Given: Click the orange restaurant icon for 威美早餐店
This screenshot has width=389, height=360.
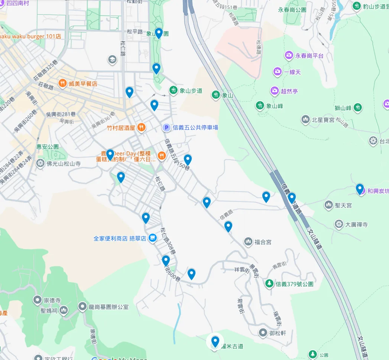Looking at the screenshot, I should click(x=62, y=84).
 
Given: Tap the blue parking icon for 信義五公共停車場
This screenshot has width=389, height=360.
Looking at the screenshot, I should click(x=166, y=127).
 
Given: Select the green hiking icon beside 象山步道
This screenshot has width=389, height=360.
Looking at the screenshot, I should click(x=173, y=90).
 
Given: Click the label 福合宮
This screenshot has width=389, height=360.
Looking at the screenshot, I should click(x=263, y=242).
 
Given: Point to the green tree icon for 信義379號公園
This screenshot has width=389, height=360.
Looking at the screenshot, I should click(x=269, y=284).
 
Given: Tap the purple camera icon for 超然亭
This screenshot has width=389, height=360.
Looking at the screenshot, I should click(x=275, y=91).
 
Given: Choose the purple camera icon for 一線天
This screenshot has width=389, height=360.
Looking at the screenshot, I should click(x=277, y=72).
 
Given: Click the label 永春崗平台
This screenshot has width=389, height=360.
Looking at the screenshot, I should click(x=309, y=56).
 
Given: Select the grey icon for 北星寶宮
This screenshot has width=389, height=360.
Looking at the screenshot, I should click(x=305, y=120).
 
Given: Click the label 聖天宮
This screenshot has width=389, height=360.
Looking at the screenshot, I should click(x=343, y=205).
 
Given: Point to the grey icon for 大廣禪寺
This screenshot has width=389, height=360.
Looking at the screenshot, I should click(x=338, y=224).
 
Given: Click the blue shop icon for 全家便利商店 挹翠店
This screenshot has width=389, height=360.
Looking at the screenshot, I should click(x=152, y=238).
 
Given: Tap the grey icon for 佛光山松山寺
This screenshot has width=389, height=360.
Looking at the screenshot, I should click(x=40, y=163).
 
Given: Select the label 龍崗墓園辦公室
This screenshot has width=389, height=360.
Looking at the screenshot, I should click(x=108, y=307).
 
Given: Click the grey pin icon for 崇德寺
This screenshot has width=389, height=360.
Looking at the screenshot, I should click(x=37, y=300).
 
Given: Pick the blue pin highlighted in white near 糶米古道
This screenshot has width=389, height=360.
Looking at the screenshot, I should click(x=215, y=341).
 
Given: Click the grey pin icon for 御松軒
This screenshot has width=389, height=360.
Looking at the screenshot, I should click(x=263, y=333).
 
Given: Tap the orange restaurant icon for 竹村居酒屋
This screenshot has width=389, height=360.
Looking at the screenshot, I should click(x=141, y=128).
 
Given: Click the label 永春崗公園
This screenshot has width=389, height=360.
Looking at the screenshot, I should click(x=292, y=10).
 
